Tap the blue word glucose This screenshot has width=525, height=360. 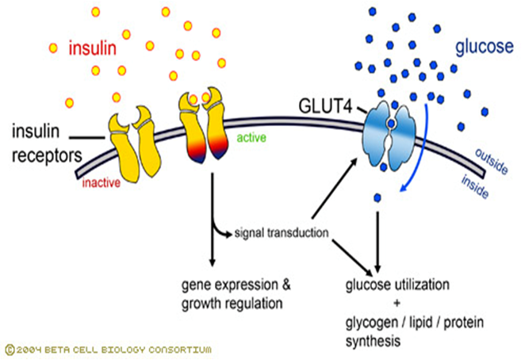484,48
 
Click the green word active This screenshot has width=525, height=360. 251,138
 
